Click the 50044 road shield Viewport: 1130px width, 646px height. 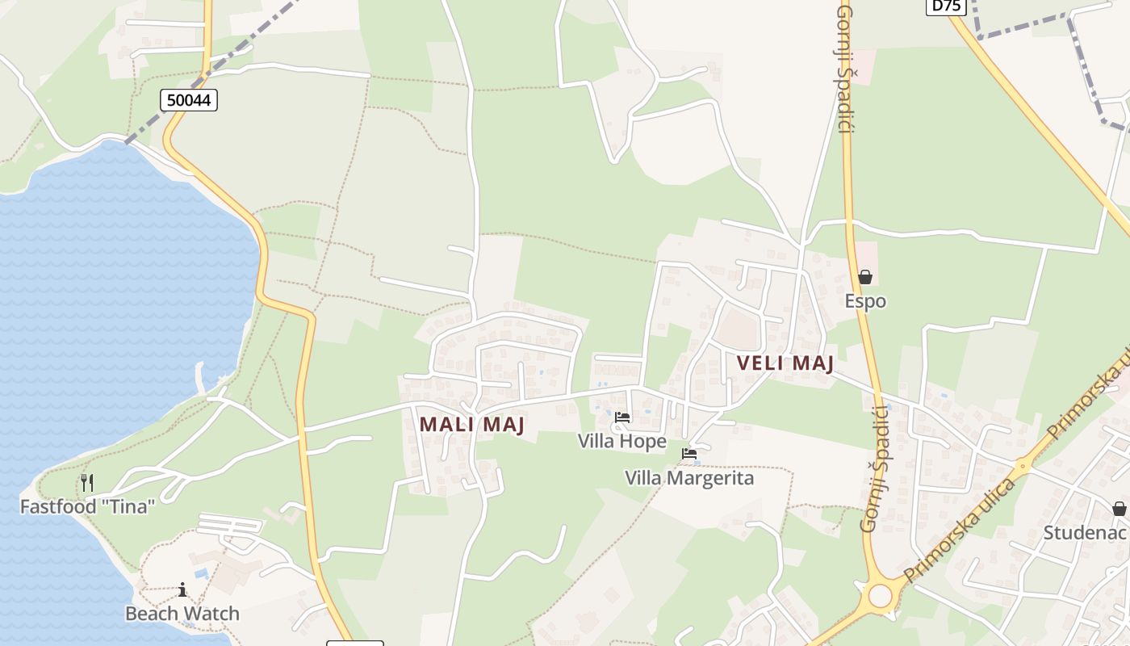pyautogui.click(x=189, y=100)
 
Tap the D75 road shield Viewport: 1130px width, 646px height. pyautogui.click(x=946, y=5)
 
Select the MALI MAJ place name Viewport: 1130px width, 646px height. pyautogui.click(x=472, y=424)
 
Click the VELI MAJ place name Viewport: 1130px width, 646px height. pyautogui.click(x=785, y=363)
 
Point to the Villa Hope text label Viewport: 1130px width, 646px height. pyautogui.click(x=621, y=441)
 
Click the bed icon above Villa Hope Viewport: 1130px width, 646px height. pyautogui.click(x=622, y=417)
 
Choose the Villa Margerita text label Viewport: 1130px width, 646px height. pyautogui.click(x=689, y=478)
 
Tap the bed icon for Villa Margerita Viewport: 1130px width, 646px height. pyautogui.click(x=689, y=454)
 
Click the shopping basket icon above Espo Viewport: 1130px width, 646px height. pyautogui.click(x=865, y=277)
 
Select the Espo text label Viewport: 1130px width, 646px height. pyautogui.click(x=865, y=301)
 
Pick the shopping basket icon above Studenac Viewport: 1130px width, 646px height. pyautogui.click(x=1119, y=509)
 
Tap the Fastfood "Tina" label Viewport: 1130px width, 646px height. pyautogui.click(x=87, y=507)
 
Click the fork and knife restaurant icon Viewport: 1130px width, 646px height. pyautogui.click(x=87, y=483)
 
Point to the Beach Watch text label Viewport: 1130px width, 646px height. pyautogui.click(x=182, y=614)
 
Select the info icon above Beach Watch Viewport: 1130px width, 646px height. pyautogui.click(x=182, y=589)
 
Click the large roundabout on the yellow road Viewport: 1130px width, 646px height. pyautogui.click(x=880, y=596)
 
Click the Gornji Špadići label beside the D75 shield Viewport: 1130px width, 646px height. pyautogui.click(x=845, y=69)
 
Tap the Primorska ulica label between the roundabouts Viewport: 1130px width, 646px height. pyautogui.click(x=959, y=531)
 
